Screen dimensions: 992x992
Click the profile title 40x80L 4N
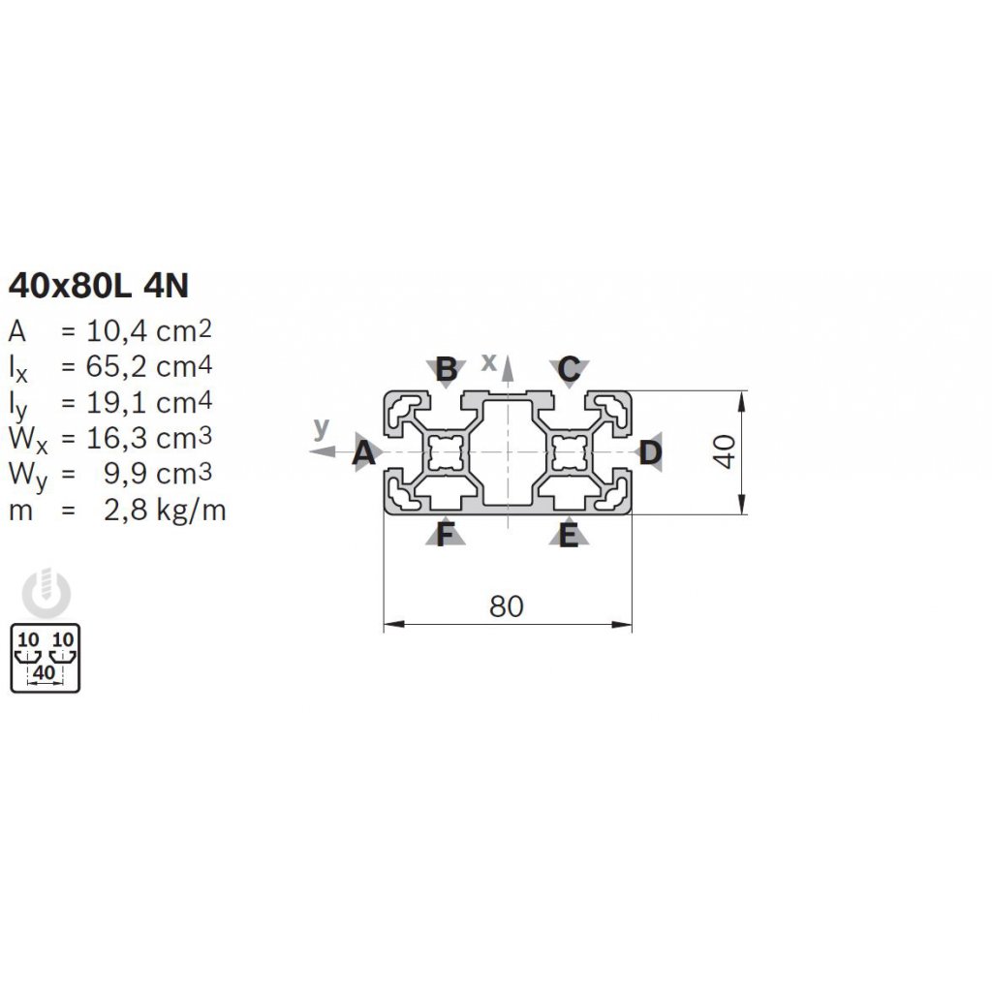click(99, 286)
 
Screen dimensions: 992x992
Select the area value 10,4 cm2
click(148, 330)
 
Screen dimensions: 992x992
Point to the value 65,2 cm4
click(148, 366)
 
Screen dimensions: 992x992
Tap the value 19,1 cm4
click(148, 402)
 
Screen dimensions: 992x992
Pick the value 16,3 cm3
click(148, 438)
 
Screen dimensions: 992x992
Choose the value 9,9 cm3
click(158, 473)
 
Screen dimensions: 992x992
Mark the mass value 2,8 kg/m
click(165, 510)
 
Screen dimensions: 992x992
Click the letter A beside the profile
click(364, 453)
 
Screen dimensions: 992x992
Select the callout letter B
click(447, 369)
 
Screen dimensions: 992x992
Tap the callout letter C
click(569, 369)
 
